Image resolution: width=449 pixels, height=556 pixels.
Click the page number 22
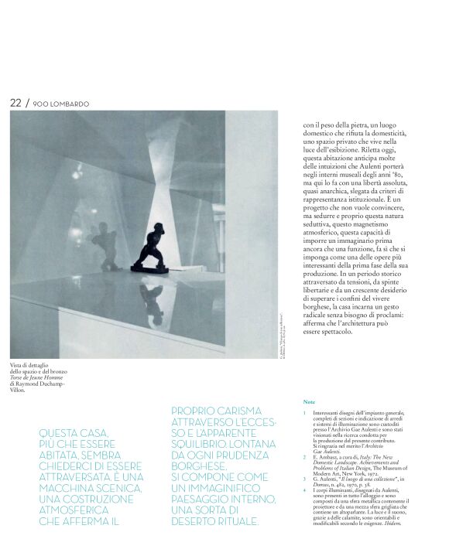(15, 103)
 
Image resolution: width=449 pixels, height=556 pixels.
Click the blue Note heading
(309, 402)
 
